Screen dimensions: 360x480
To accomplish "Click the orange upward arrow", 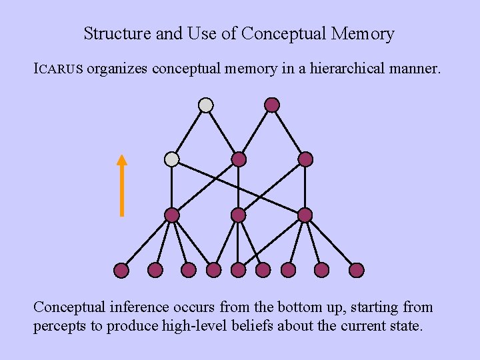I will [x=121, y=186].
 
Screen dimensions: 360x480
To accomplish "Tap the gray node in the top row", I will [x=206, y=105].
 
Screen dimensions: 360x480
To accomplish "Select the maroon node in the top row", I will [x=272, y=105].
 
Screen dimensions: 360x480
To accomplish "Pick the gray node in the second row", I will [x=172, y=159].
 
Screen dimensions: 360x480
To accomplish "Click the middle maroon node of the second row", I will [x=239, y=159].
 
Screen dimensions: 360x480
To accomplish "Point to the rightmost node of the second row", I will [x=305, y=159].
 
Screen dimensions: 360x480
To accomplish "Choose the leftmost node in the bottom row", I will [x=121, y=270].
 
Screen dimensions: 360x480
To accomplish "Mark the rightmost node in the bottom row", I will [x=357, y=270].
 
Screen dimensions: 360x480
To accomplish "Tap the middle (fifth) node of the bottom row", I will [x=239, y=270].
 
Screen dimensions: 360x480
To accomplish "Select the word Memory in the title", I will [x=365, y=33].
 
